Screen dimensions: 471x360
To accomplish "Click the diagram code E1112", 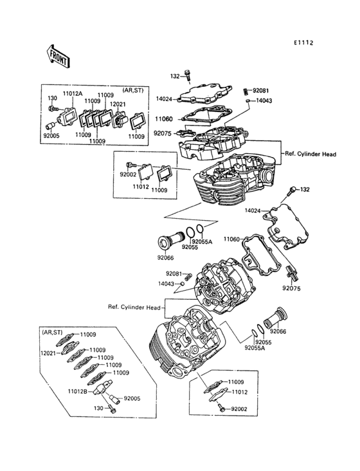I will [x=303, y=43].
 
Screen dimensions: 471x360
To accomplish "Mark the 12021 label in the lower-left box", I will [x=49, y=353].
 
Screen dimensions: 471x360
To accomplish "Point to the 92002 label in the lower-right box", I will [x=239, y=409].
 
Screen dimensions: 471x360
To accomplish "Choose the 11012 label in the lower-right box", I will [x=239, y=392].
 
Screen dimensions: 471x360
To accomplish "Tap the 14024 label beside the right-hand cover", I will [x=253, y=210].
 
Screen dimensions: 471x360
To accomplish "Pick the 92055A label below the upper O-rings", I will [x=201, y=242].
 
